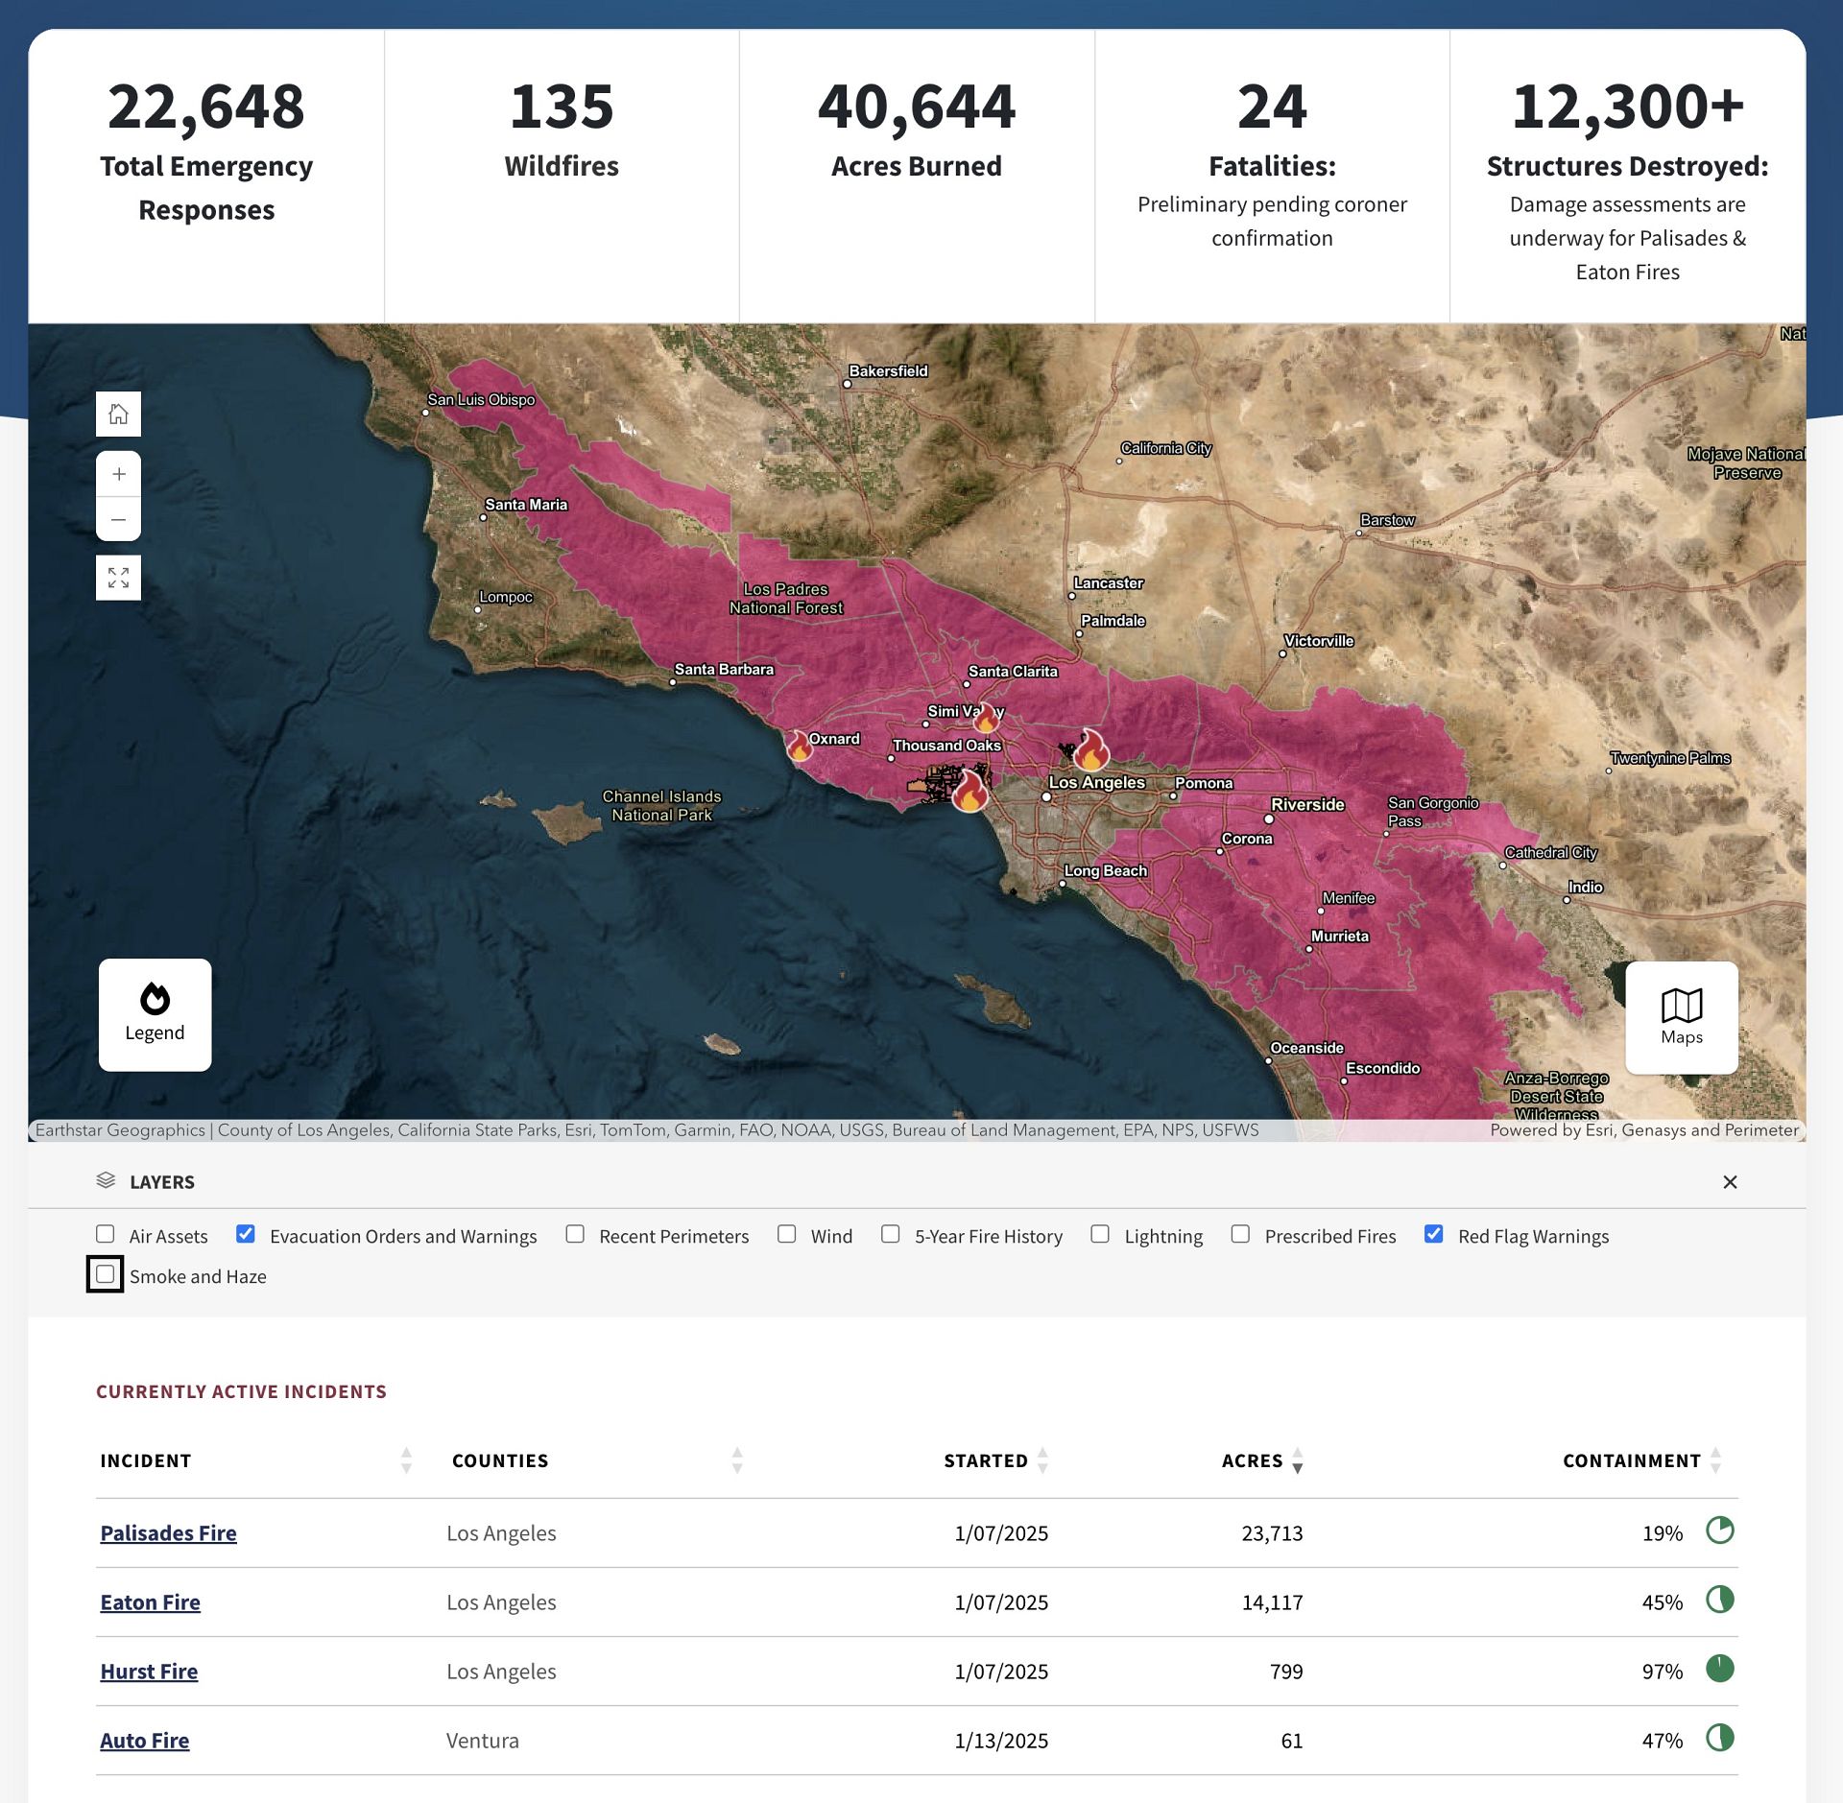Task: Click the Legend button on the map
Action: pos(155,1014)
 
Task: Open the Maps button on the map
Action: pos(1681,1017)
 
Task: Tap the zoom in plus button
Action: pos(119,474)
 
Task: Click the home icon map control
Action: pos(119,415)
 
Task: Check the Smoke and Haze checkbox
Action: pos(106,1274)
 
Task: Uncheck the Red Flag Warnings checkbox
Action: pos(1433,1234)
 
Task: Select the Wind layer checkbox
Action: pos(787,1234)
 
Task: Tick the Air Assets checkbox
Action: pos(106,1234)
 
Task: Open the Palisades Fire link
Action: pos(168,1532)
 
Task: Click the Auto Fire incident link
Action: pos(145,1740)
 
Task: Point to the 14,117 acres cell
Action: pos(1272,1601)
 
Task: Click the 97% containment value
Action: pos(1662,1671)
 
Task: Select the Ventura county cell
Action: pos(483,1740)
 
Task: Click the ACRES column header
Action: pos(1252,1460)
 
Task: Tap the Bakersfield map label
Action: pos(888,371)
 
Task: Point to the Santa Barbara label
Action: pos(724,670)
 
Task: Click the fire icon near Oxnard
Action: pos(799,746)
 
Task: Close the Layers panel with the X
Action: pos(1730,1182)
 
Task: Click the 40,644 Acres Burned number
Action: pos(916,107)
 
